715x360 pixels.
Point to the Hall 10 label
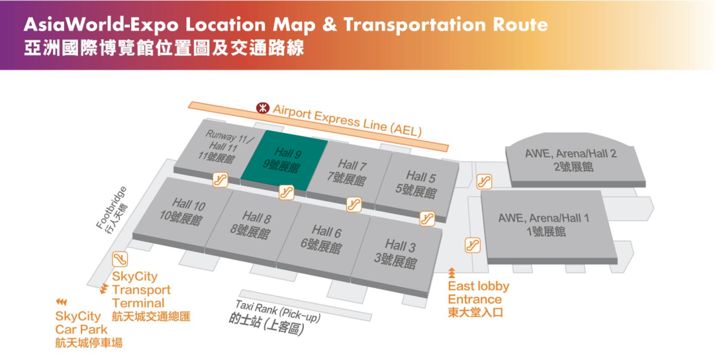(183, 210)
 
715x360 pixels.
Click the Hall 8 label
(253, 224)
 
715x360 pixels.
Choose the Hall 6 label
(324, 239)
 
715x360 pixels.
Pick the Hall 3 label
(397, 253)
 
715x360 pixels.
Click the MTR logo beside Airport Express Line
(263, 107)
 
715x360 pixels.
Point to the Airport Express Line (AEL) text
(347, 120)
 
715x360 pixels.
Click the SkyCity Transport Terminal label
(141, 290)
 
